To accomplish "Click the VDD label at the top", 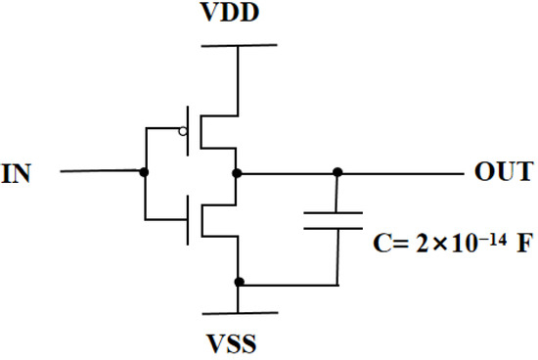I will pos(239,17).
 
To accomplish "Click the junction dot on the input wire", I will pos(145,172).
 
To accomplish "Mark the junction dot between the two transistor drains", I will pos(238,172).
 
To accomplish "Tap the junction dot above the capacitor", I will pos(337,172).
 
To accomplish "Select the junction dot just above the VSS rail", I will pos(238,284).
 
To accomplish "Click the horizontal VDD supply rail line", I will pos(238,45).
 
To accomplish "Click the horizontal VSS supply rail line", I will pos(238,315).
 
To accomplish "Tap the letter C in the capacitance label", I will pos(383,241).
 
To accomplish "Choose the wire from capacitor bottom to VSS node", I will pos(293,285).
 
